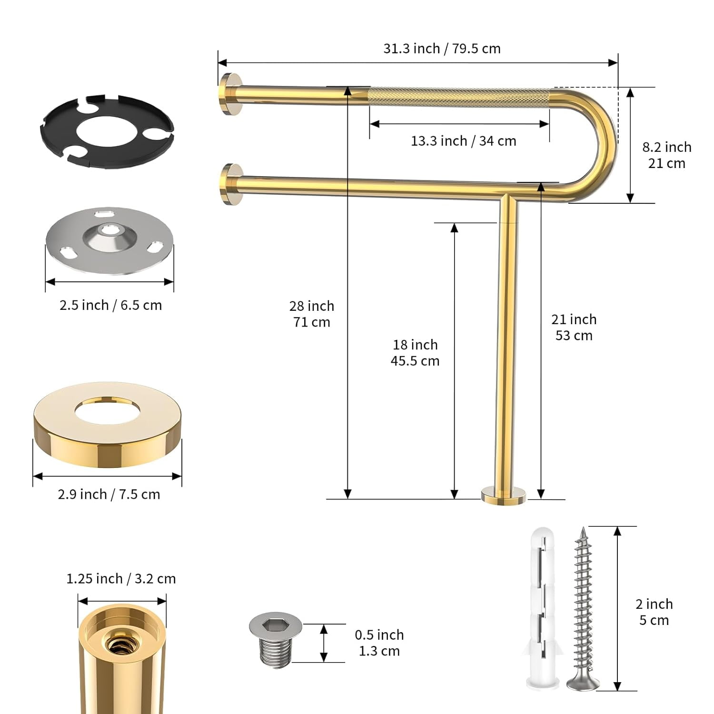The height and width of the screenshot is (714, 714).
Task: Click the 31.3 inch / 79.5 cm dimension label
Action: click(x=442, y=49)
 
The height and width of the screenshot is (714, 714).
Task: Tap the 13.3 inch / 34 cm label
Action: click(x=463, y=141)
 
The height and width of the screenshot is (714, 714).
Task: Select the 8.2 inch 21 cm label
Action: click(x=666, y=155)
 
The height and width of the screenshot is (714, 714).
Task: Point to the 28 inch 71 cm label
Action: click(x=312, y=314)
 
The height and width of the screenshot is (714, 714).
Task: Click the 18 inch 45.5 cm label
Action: click(x=415, y=353)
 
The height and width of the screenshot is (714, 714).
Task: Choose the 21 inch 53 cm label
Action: click(x=574, y=327)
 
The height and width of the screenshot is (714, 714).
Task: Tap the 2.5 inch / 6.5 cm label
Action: click(x=110, y=305)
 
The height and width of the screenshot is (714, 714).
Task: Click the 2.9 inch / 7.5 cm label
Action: click(x=109, y=494)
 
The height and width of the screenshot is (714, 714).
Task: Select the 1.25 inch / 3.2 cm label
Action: click(x=121, y=579)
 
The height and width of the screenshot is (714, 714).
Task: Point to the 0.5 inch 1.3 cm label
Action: click(x=379, y=643)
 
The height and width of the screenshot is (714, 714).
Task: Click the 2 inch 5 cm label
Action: click(x=654, y=612)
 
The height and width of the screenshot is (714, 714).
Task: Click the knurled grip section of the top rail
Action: click(x=459, y=98)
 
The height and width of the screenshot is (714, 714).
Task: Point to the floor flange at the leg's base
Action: click(x=504, y=495)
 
